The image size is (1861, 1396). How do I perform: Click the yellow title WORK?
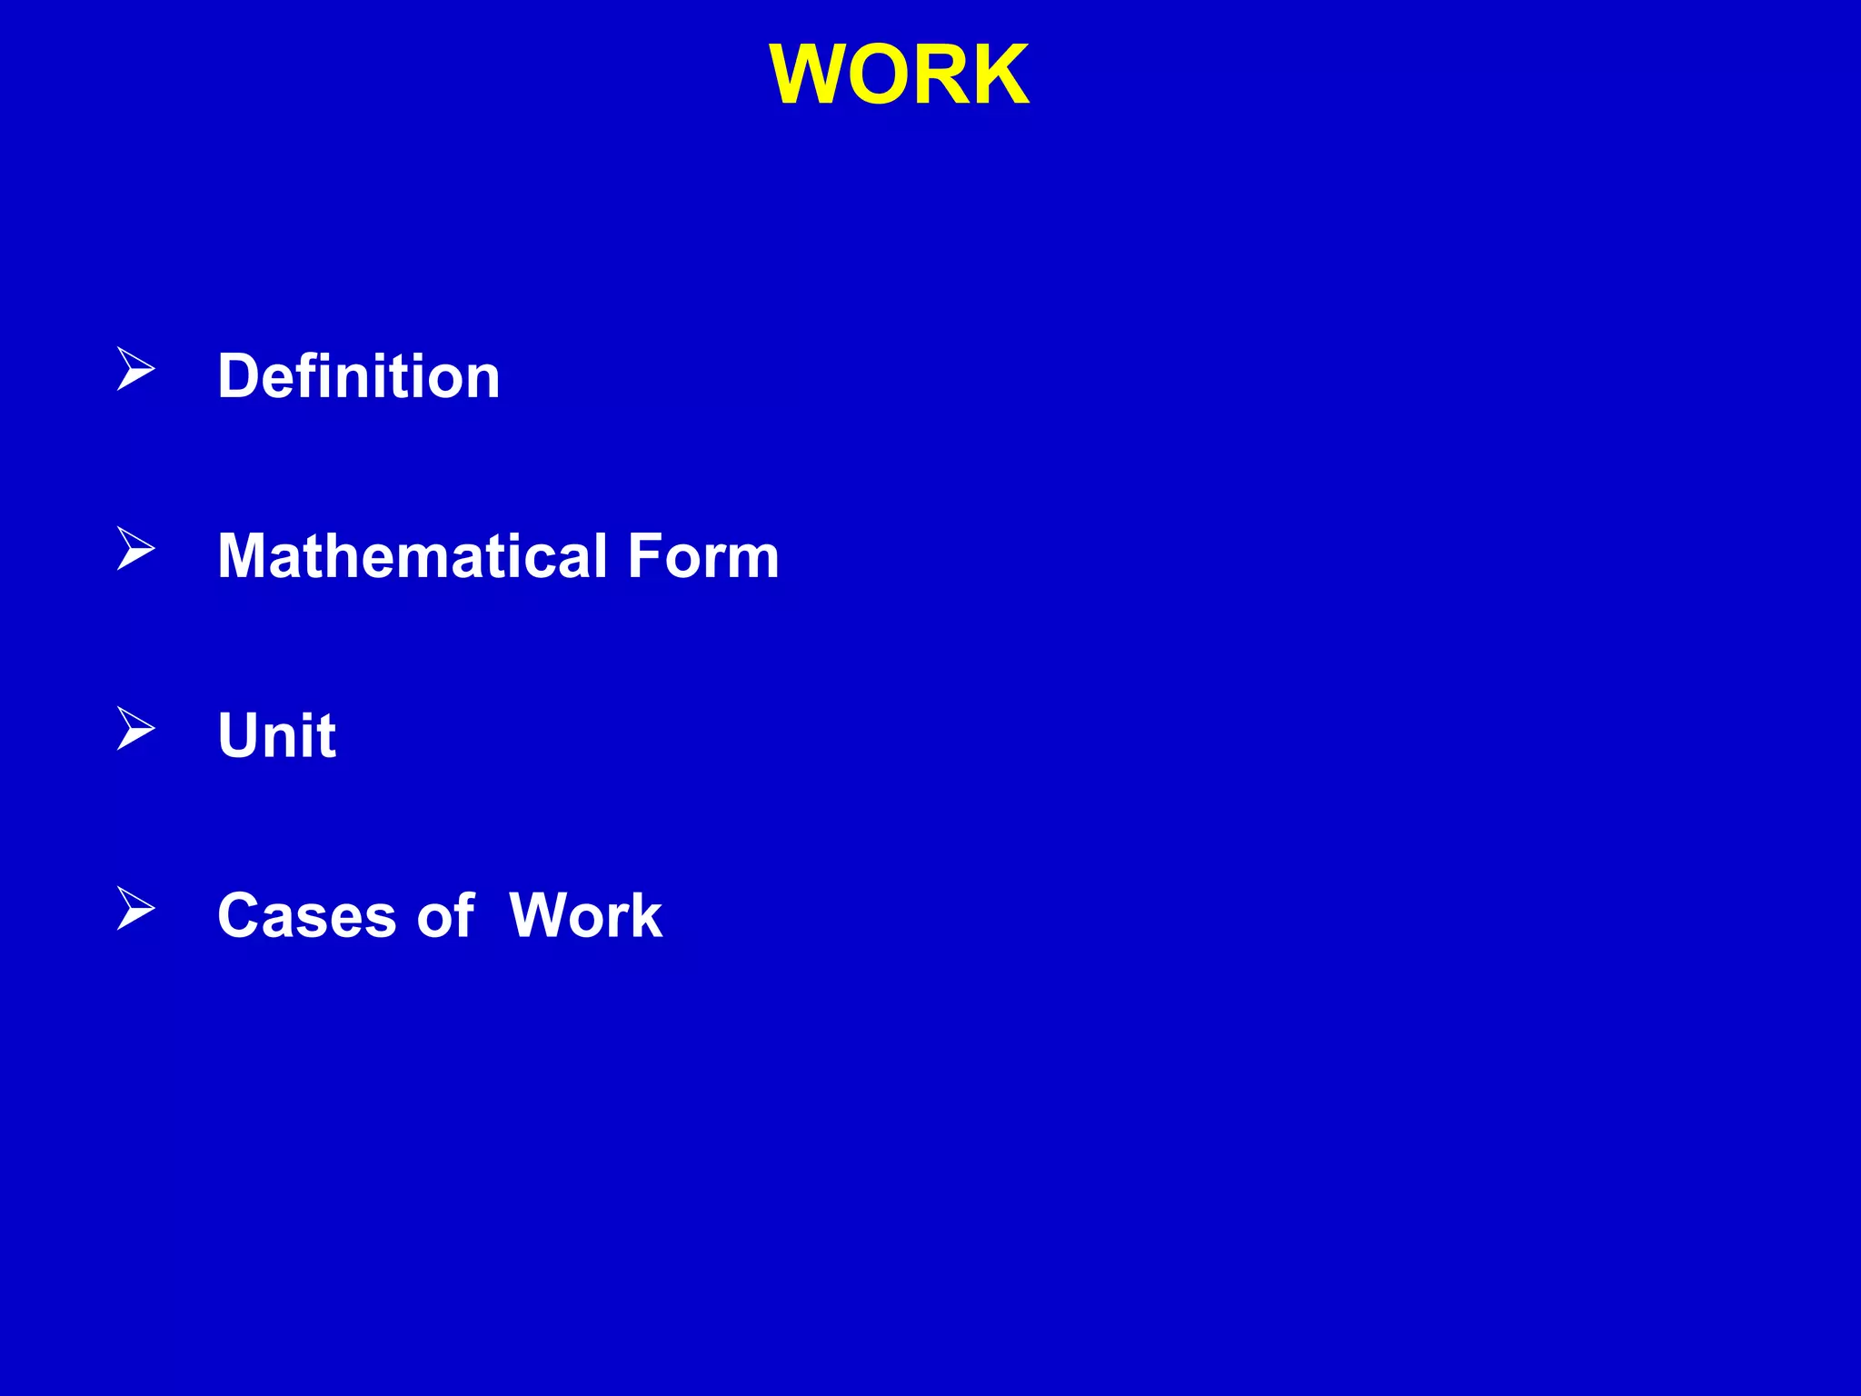[899, 75]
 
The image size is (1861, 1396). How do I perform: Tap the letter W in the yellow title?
[809, 75]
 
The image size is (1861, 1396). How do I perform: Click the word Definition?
[359, 375]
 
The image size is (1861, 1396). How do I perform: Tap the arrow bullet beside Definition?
[135, 369]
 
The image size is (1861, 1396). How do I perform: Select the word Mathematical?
[413, 555]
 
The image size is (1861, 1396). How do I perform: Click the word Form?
[703, 555]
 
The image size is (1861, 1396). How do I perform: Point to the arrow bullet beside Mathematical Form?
[135, 549]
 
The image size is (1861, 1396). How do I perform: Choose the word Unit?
[277, 734]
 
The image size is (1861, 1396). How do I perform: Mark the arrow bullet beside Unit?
[135, 728]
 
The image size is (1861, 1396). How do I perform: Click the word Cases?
[307, 914]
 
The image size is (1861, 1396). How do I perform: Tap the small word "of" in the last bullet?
[445, 914]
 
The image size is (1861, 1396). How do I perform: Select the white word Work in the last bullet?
[585, 914]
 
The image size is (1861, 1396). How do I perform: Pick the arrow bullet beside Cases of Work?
[135, 908]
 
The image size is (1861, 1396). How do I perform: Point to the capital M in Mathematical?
[245, 555]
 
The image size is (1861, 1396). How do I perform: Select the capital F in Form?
[645, 555]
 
